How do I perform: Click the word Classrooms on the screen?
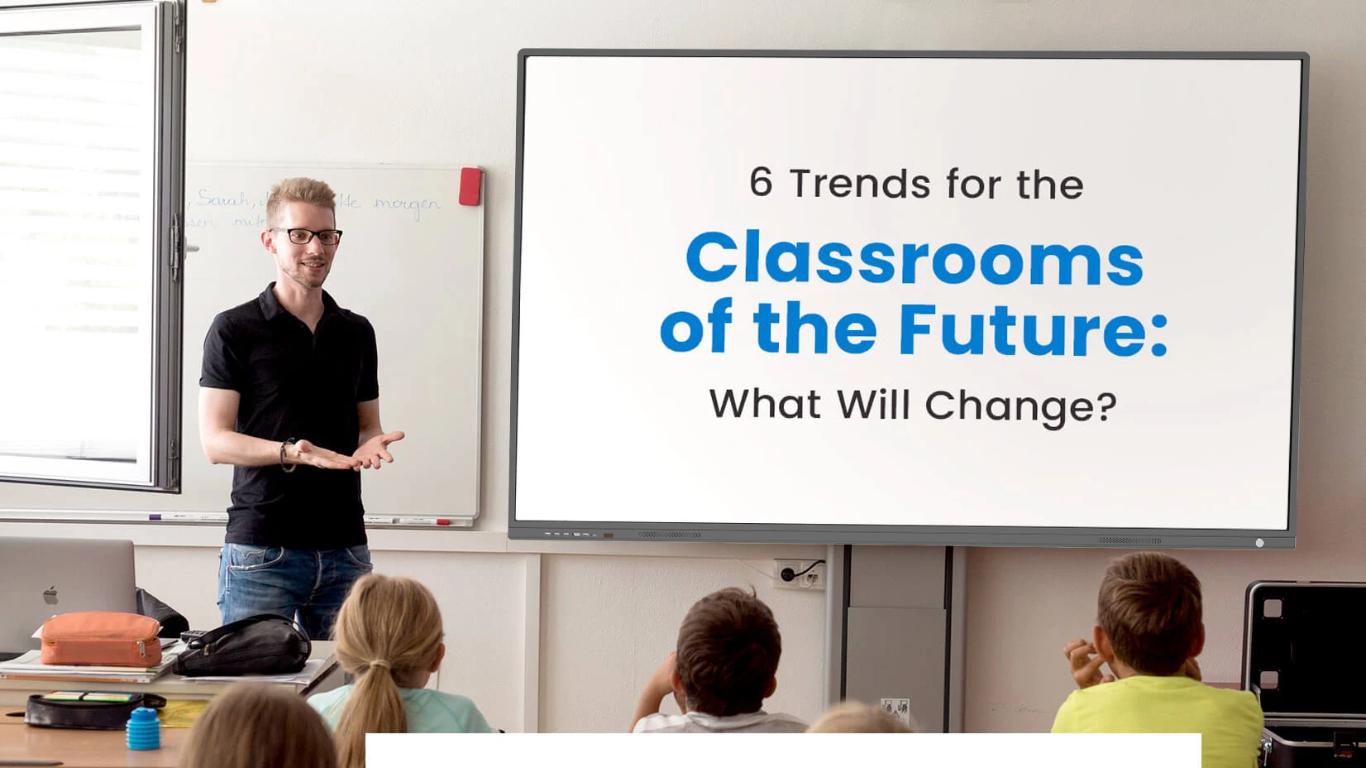pos(914,259)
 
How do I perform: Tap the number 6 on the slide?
pos(761,182)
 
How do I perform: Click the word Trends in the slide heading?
pos(853,184)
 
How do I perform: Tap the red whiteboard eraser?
pos(470,186)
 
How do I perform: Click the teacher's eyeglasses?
pos(308,236)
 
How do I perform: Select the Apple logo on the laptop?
pos(50,595)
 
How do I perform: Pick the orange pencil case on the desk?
pos(101,639)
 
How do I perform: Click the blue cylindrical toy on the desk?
pos(143,728)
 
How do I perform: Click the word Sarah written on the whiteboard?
pos(223,199)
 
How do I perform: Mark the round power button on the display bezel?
pos(1259,543)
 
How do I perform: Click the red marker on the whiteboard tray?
pos(444,522)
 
